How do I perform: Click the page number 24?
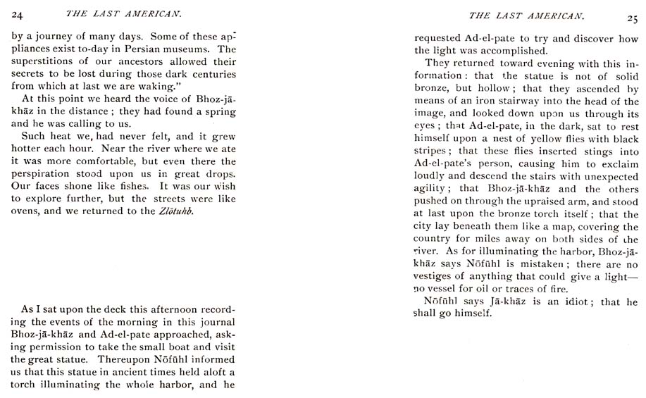[x=18, y=13]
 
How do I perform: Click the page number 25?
[x=631, y=18]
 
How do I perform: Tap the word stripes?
[x=431, y=151]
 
